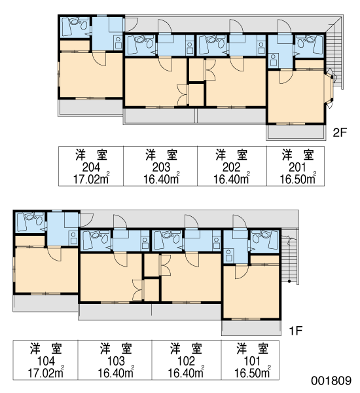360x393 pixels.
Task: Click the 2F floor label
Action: (339, 132)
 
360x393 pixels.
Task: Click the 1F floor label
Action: (296, 331)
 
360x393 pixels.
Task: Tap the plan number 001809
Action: (331, 381)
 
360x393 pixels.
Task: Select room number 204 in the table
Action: (91, 167)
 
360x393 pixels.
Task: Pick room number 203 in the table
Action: (161, 167)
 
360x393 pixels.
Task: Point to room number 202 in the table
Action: (232, 167)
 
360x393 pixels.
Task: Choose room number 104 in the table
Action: (46, 361)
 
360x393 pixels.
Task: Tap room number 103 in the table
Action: (116, 361)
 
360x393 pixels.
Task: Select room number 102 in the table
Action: (186, 361)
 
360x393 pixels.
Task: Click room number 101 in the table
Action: (252, 361)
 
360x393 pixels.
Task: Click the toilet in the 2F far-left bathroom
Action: (76, 22)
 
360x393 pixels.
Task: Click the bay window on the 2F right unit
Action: (329, 88)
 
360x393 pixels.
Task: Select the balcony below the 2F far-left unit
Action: (90, 107)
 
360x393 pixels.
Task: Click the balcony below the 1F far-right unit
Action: (251, 327)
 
